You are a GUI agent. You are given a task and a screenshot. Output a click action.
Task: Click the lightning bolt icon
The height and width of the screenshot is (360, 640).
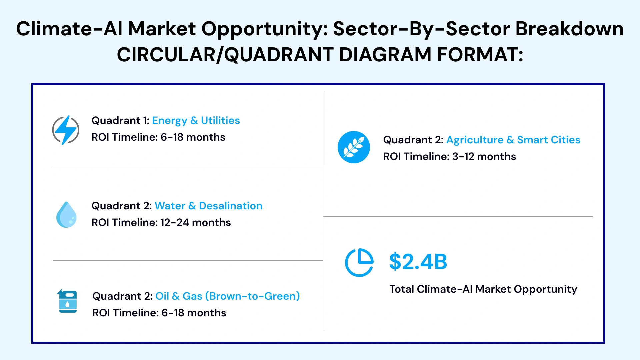[66, 130]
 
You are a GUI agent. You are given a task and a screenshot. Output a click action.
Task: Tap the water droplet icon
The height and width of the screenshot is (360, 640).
[66, 215]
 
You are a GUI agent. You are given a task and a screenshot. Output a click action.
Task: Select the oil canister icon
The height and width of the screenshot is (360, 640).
[67, 301]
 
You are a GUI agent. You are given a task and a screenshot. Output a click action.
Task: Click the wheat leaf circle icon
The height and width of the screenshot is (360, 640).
[354, 147]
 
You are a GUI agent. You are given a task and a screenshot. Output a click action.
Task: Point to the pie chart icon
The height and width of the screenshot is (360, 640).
[359, 262]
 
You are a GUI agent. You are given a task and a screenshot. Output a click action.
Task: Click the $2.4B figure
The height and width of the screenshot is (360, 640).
[418, 262]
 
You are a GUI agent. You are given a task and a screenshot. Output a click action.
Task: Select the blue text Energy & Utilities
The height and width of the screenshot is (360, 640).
[196, 121]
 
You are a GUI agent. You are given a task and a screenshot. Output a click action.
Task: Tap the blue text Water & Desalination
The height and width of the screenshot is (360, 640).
[208, 206]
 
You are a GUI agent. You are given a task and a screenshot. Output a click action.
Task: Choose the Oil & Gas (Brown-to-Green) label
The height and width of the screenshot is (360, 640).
[228, 296]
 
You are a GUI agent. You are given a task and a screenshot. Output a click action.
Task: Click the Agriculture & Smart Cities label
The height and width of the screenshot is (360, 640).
[513, 140]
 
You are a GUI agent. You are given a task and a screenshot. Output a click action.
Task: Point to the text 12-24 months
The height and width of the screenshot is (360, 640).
[196, 222]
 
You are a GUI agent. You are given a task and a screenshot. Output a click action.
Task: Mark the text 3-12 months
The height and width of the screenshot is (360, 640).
[484, 156]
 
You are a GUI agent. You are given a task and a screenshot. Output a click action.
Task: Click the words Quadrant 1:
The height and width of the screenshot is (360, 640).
[120, 120]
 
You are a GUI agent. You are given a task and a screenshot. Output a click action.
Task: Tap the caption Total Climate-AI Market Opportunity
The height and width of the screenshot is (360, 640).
[483, 289]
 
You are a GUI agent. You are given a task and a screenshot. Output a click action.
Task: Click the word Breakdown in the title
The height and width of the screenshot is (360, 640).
[570, 29]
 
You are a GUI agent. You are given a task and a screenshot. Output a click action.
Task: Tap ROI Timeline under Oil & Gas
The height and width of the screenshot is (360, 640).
[124, 313]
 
